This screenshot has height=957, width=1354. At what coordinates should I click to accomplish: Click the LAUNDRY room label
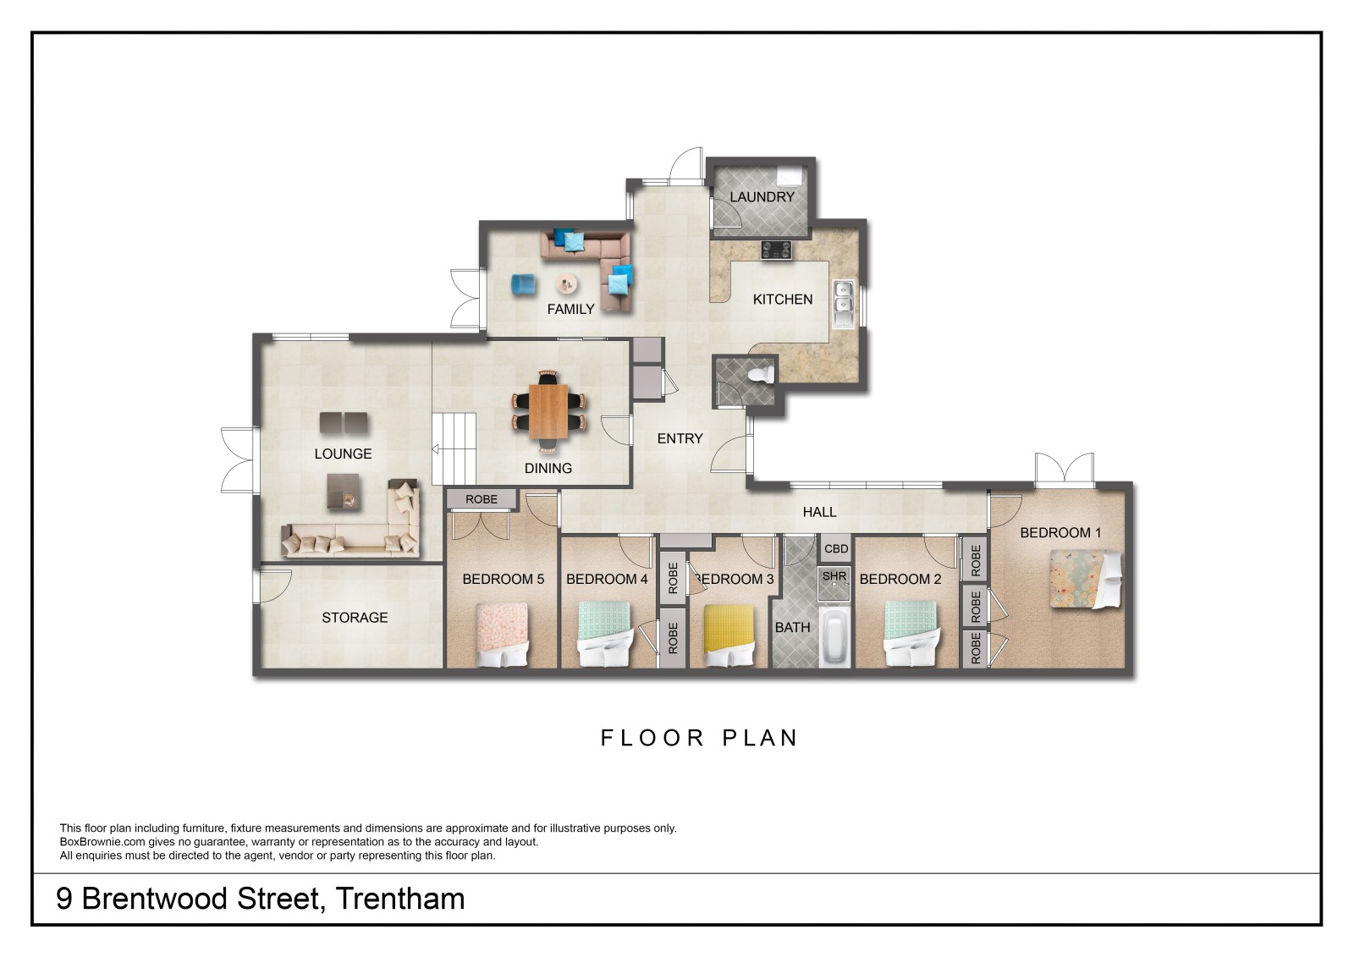click(762, 196)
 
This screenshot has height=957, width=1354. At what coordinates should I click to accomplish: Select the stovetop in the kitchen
click(776, 250)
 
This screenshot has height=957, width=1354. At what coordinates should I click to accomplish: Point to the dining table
click(548, 411)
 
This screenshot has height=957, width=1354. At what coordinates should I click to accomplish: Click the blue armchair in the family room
click(524, 285)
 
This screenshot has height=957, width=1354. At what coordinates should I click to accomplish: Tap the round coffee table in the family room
click(567, 283)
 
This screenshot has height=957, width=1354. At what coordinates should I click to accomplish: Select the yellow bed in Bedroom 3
click(729, 635)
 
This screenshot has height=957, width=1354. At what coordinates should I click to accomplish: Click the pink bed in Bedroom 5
click(503, 635)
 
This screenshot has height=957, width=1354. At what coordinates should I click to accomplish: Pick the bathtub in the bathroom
click(834, 638)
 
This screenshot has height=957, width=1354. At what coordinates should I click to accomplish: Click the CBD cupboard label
click(836, 549)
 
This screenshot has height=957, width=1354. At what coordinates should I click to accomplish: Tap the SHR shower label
click(834, 576)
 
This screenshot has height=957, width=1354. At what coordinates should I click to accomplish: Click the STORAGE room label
click(355, 617)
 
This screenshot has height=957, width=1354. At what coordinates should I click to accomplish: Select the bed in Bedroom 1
click(1086, 579)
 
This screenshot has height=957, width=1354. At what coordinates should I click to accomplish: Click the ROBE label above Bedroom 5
click(482, 499)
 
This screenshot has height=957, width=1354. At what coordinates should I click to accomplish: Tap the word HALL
click(820, 512)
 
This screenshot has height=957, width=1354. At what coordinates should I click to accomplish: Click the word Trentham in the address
click(400, 899)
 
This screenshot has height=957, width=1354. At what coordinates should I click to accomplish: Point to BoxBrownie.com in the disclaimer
click(102, 842)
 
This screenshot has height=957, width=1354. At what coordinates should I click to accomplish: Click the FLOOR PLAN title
click(699, 738)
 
